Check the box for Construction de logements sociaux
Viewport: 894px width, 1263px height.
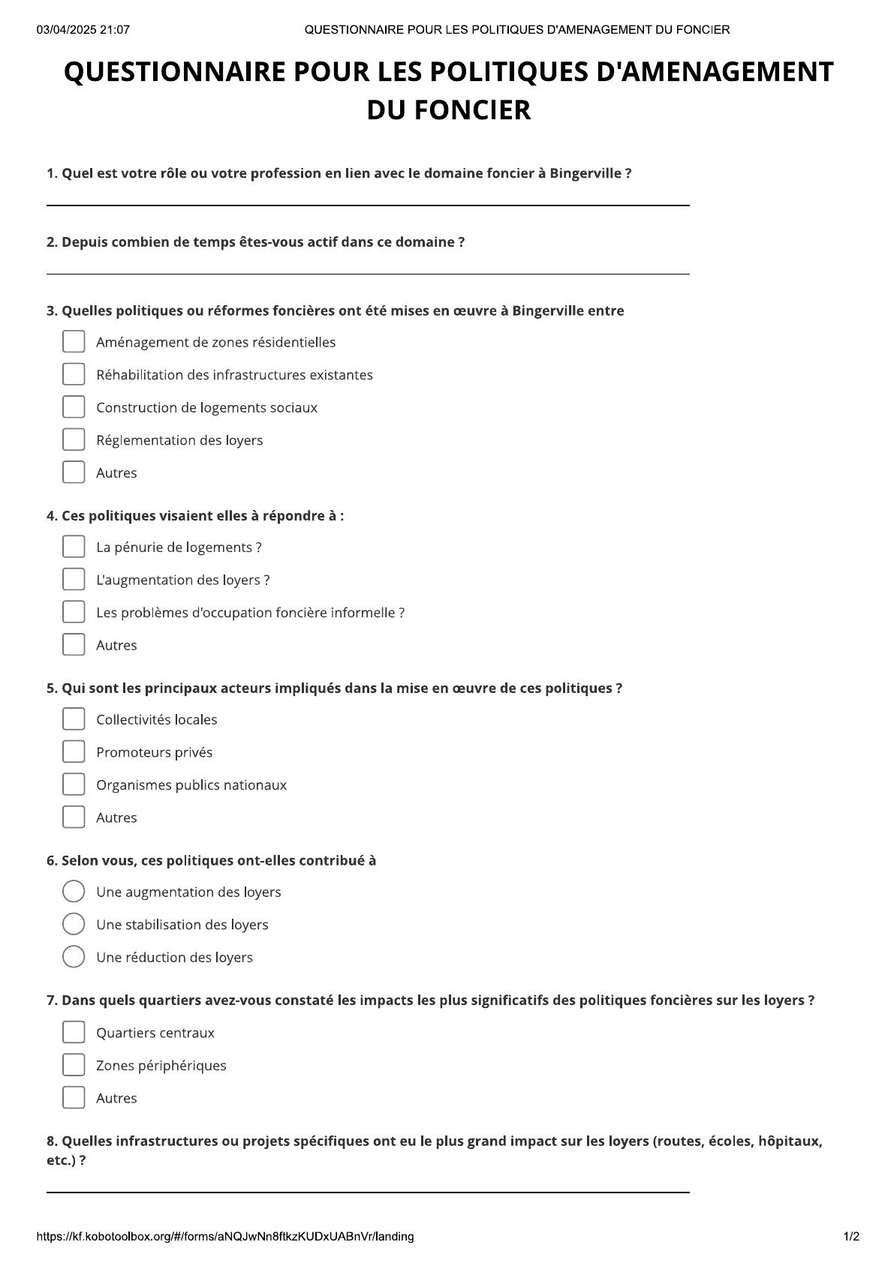[74, 407]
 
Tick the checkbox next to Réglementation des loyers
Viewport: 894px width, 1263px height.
[74, 439]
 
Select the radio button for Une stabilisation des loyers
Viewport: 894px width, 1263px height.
[74, 924]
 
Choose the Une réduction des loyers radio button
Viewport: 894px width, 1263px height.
[74, 957]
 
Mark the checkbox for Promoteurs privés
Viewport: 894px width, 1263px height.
[74, 751]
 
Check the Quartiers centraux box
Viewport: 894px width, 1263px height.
[74, 1032]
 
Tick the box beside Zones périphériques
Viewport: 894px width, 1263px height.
[74, 1065]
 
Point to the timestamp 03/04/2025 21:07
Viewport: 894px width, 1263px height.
[83, 30]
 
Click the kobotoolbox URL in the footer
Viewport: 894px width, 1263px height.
[224, 1237]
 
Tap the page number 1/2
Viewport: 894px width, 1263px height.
[850, 1237]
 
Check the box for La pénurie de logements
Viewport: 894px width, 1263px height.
[74, 547]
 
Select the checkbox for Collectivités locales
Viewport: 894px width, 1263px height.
[74, 719]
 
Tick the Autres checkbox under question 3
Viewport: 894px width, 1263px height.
[74, 472]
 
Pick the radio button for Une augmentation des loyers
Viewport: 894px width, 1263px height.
[74, 892]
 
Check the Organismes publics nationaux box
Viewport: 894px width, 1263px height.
[74, 784]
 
